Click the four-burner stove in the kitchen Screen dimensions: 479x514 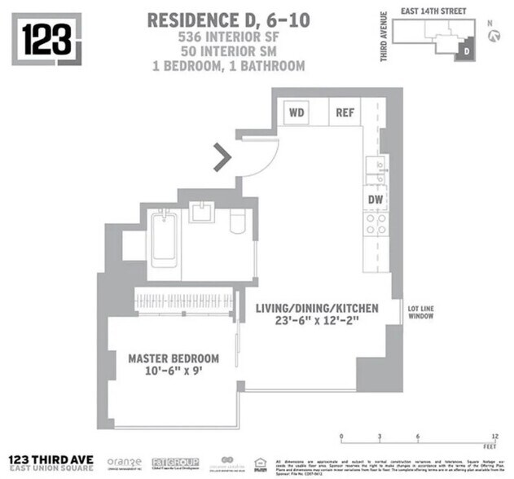pyautogui.click(x=376, y=224)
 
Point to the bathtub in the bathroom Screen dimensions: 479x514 pyautogui.click(x=164, y=238)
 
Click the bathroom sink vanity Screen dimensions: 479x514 pyautogui.click(x=201, y=214)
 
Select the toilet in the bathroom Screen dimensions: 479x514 pyautogui.click(x=238, y=222)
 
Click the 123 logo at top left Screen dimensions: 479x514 pyautogui.click(x=46, y=38)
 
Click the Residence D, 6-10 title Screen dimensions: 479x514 pyautogui.click(x=226, y=21)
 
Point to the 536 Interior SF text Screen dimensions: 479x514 pyautogui.click(x=226, y=37)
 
